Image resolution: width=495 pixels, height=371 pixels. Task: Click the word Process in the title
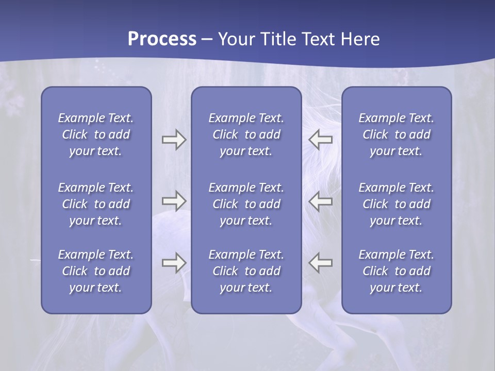point(162,39)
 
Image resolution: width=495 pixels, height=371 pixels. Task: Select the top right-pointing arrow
point(174,140)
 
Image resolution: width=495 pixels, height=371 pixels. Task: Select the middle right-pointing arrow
point(174,201)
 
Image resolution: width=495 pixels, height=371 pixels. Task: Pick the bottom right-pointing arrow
point(174,263)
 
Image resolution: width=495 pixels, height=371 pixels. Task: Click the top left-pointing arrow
point(321,140)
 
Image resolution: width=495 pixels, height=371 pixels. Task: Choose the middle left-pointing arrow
point(321,201)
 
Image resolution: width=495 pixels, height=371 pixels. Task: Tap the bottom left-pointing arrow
point(321,263)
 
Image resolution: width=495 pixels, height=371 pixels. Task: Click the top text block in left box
point(96,134)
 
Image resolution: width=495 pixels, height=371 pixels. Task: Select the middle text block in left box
point(96,204)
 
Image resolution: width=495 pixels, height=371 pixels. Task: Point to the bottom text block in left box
point(96,271)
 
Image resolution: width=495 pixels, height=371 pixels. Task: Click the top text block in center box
point(246,134)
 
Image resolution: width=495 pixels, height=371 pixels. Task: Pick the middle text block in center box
point(246,204)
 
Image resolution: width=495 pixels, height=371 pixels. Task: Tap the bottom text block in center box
point(246,271)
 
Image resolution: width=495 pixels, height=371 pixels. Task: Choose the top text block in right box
point(396,134)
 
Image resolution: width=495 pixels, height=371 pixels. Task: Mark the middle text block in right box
point(396,204)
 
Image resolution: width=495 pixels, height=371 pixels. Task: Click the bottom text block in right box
point(396,271)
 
